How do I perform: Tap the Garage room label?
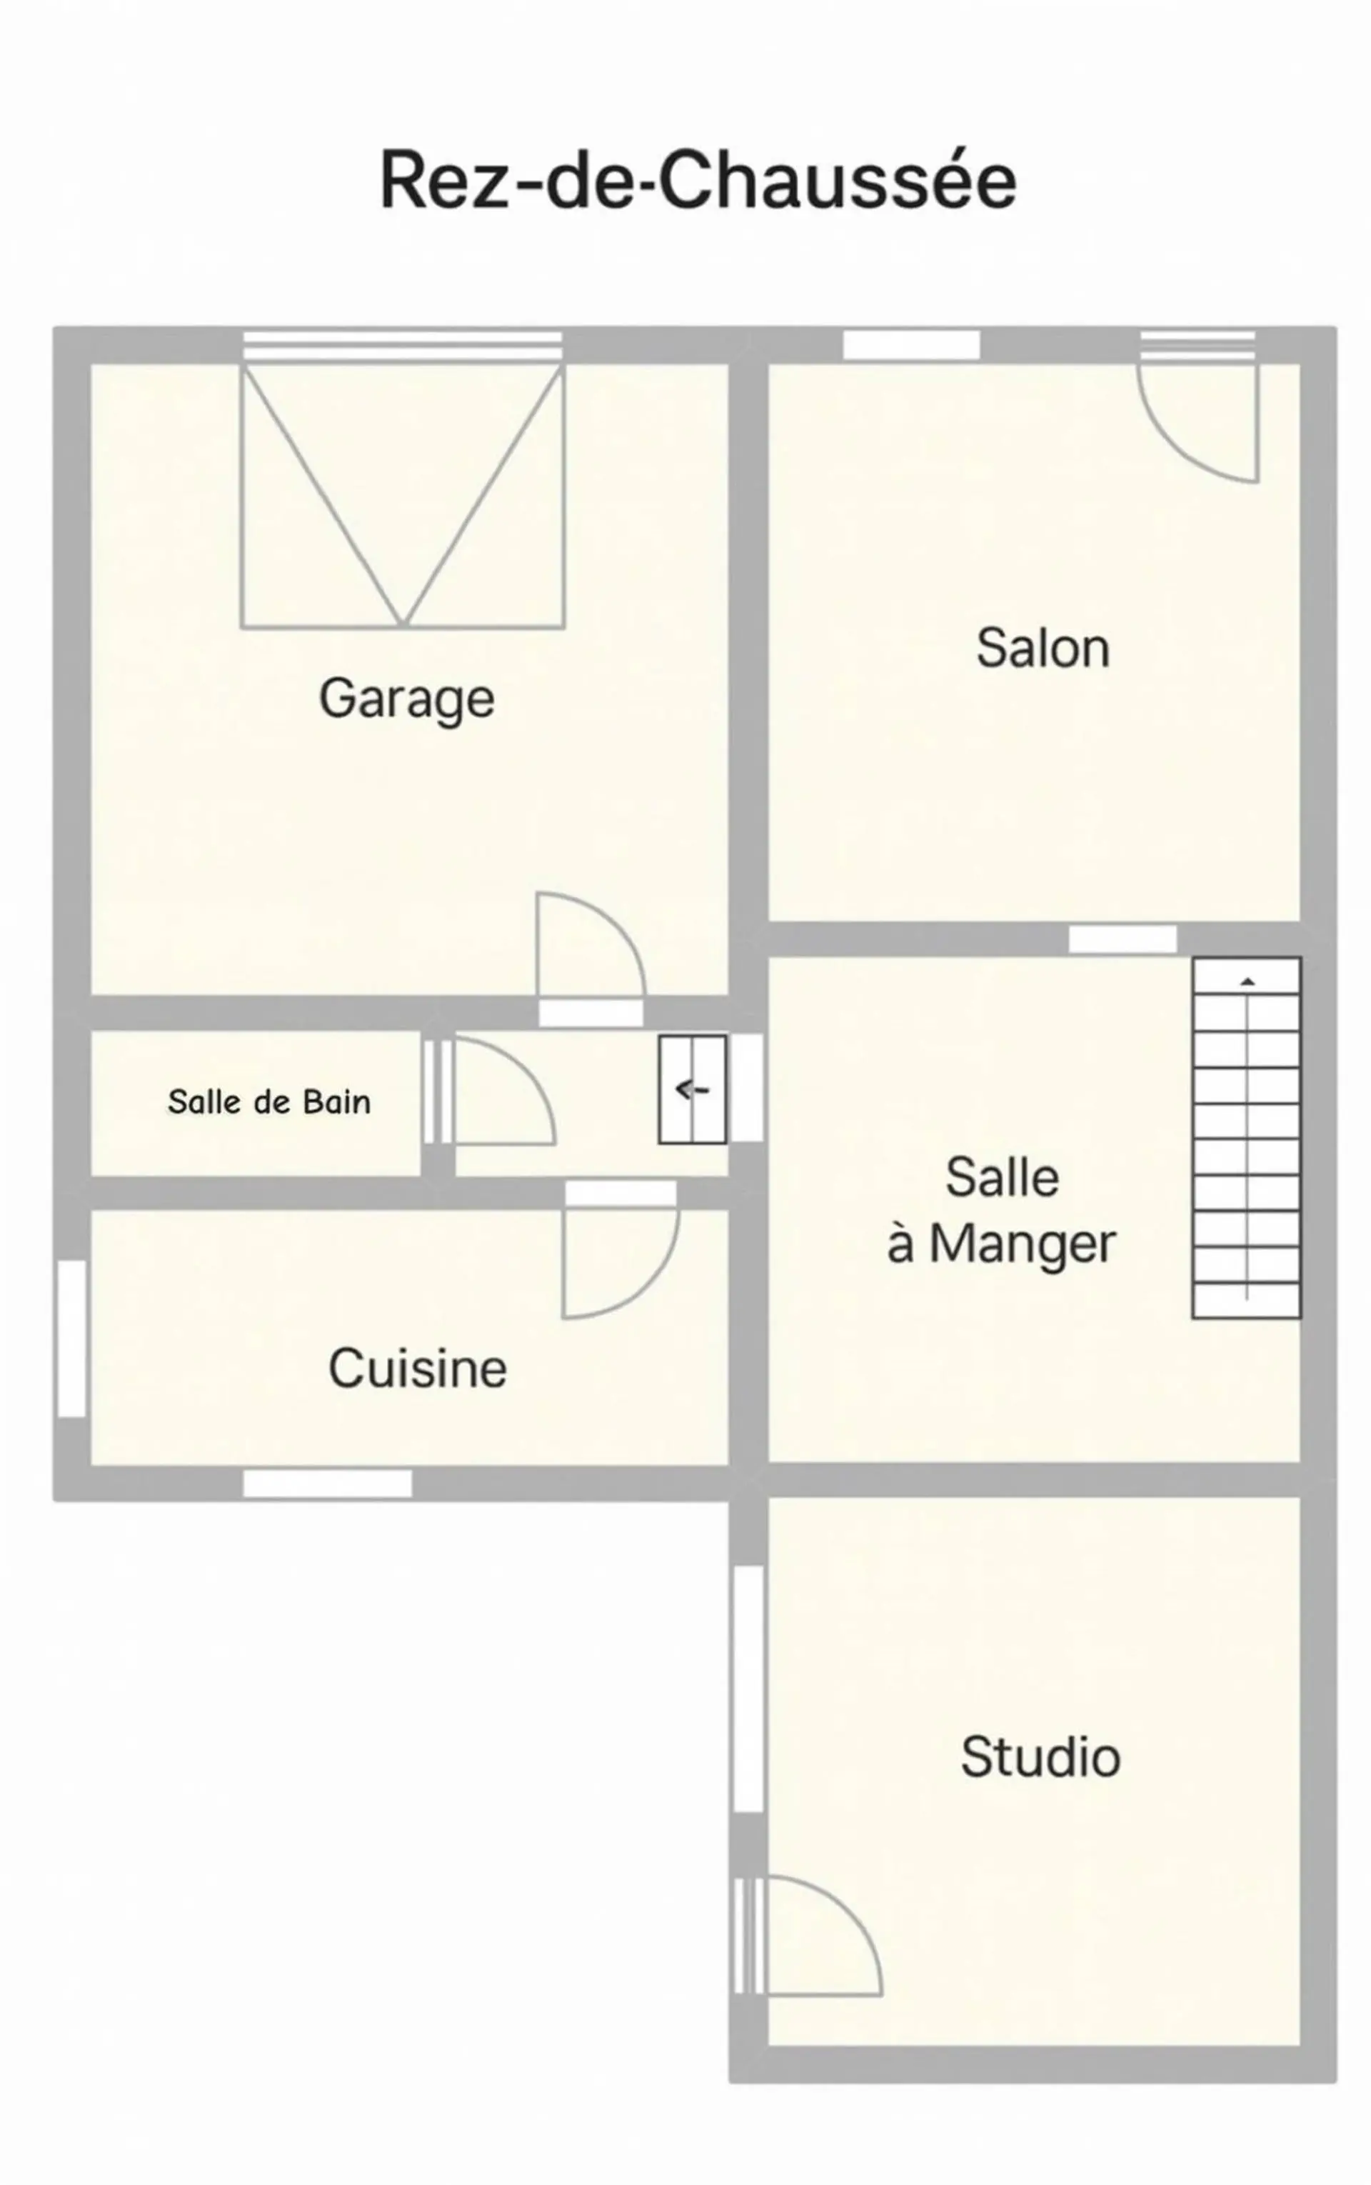[x=407, y=699]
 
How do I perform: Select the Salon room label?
[x=1043, y=649]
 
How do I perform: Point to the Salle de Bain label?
[x=269, y=1101]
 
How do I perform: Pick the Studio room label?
[x=1040, y=1757]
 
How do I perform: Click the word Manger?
[x=1022, y=1244]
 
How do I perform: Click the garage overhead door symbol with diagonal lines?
[x=403, y=495]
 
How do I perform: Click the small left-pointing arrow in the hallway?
[x=692, y=1089]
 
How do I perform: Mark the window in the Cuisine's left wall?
[x=73, y=1338]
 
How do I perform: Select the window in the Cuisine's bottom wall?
[x=327, y=1484]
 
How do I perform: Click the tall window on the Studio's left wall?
[x=748, y=1689]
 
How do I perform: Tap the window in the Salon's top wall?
[x=911, y=345]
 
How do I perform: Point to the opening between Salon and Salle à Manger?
[x=1123, y=940]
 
